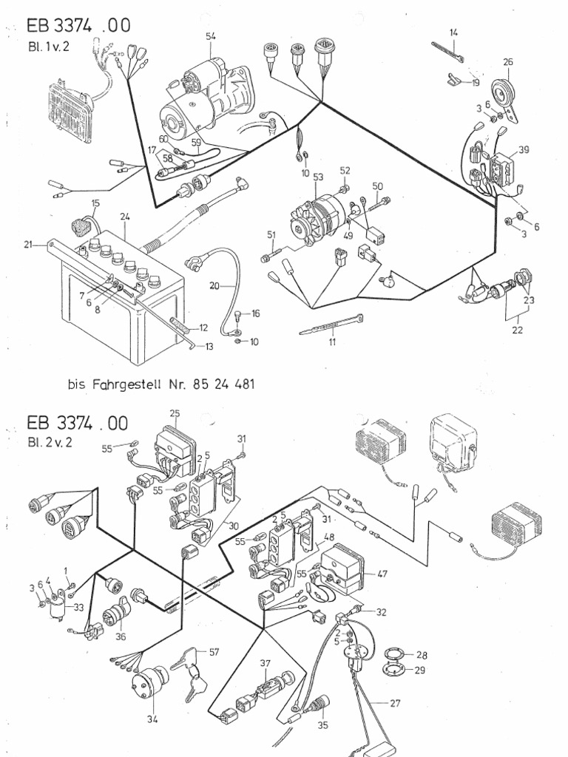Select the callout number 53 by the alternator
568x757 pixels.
[x=319, y=177]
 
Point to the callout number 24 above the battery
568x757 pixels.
[x=125, y=217]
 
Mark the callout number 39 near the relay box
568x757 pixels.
[x=524, y=149]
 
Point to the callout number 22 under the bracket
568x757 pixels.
[x=517, y=330]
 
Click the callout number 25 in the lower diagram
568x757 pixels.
[x=175, y=413]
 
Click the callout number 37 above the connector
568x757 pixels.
[x=266, y=663]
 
